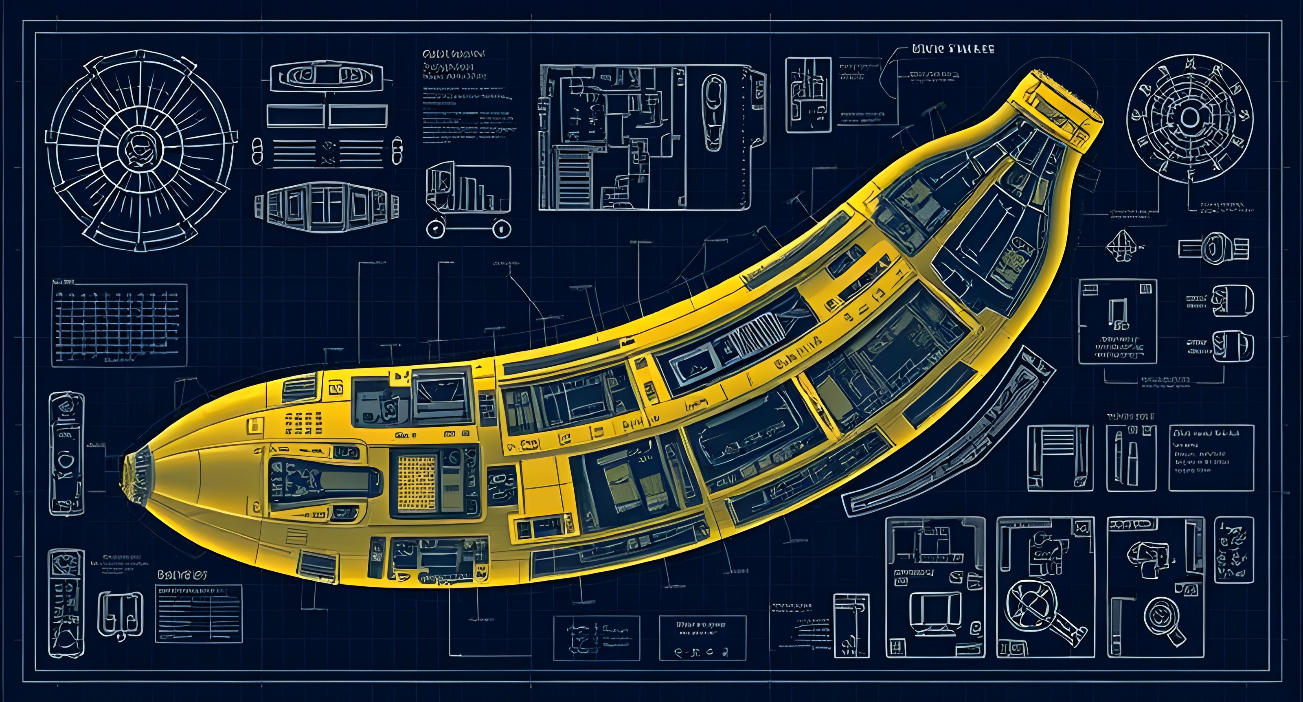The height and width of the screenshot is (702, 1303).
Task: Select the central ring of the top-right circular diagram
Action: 1189,119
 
